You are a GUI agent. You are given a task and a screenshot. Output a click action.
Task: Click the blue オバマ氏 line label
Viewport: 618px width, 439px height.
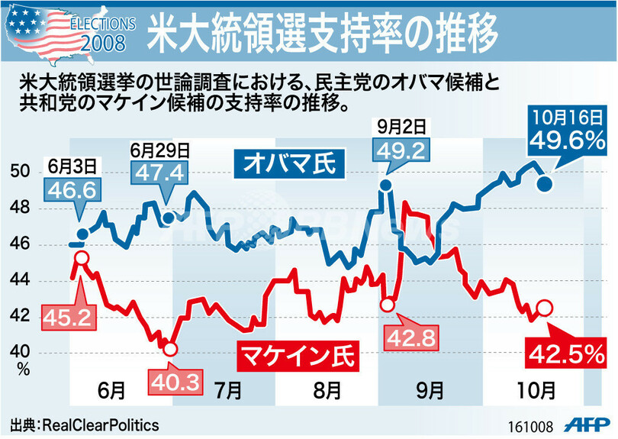pos(289,163)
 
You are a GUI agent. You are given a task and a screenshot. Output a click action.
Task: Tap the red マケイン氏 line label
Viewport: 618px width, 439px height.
pos(298,354)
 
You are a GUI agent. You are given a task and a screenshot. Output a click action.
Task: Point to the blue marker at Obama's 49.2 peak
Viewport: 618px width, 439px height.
pos(385,185)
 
